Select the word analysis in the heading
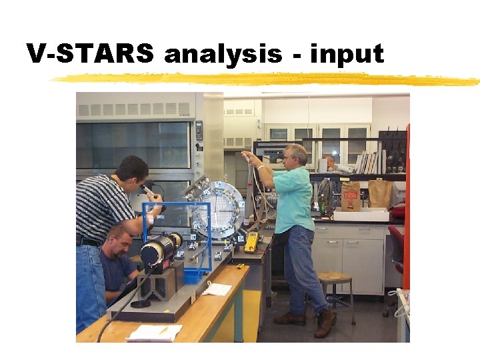[x=223, y=54]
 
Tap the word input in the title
[x=347, y=54]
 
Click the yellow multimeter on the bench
[x=251, y=242]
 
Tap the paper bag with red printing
[x=350, y=196]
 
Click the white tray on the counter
[x=361, y=215]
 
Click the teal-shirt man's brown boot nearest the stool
[x=325, y=324]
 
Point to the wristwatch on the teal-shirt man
[x=261, y=168]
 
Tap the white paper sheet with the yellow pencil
[x=154, y=332]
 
